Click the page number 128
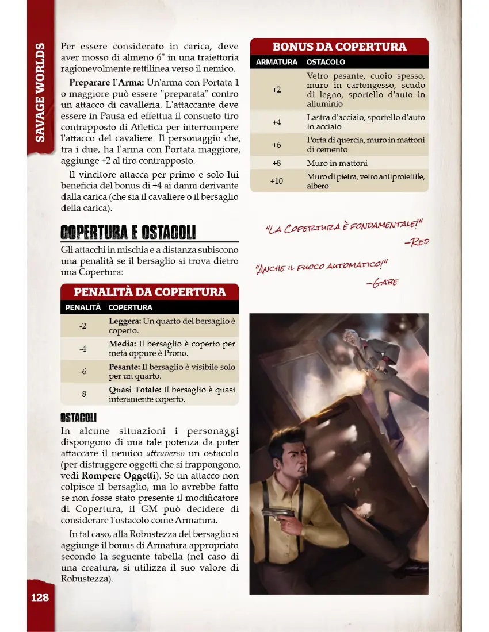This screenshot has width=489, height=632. pos(40,597)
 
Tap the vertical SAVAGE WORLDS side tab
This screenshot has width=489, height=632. pos(40,92)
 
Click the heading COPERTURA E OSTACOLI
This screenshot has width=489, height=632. pos(128,232)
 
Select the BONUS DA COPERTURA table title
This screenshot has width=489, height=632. pos(339,47)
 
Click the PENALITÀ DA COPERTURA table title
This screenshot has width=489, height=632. pos(150,291)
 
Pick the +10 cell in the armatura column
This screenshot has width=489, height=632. pos(277,181)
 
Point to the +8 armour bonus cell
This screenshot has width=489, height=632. pos(277,163)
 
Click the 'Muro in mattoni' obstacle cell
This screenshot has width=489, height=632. pos(337,163)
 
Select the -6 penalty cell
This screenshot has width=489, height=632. pos(83,371)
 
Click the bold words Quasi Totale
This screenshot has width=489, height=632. pos(134,390)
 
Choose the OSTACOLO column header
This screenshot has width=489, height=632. pos(326,62)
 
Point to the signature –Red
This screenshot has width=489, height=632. pos(417,242)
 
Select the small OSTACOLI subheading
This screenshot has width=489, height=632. pos(78,417)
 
